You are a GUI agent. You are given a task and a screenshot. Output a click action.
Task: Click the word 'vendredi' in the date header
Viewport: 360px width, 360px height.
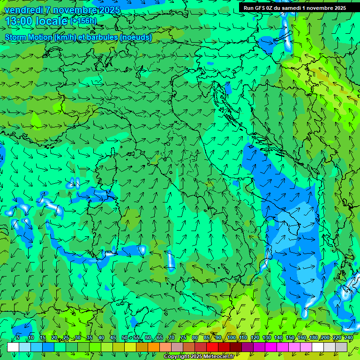pos(23,10)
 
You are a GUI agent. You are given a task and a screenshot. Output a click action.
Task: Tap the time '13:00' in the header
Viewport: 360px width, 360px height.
pos(19,21)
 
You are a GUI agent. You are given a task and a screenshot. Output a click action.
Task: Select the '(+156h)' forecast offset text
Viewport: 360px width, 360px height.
pos(84,21)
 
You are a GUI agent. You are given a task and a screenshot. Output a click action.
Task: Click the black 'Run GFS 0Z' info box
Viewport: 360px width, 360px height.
pos(295,7)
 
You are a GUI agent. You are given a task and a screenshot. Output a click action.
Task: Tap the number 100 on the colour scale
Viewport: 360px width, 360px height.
pos(231,337)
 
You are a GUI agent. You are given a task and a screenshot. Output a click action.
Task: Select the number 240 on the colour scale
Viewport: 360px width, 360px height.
pos(349,337)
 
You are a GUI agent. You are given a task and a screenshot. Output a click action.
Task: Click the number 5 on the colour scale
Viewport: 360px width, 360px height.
pos(18,337)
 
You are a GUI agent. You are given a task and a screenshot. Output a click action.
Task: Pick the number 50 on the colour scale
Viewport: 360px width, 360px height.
pos(125,337)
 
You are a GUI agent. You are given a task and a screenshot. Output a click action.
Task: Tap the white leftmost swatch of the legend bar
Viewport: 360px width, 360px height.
pos(13,347)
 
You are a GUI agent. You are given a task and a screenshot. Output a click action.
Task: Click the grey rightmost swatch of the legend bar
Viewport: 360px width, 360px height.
pos(341,347)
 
